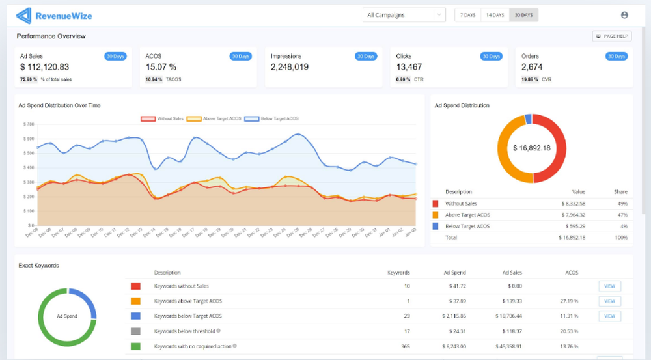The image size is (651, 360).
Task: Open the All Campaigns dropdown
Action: point(404,15)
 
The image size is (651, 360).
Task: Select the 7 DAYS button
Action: point(467,15)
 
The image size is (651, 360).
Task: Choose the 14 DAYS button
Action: point(495,15)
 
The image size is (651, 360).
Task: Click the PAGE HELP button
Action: point(612,36)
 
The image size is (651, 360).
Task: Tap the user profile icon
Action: point(625,15)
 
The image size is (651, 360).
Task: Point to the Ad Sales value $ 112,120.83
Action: point(45,67)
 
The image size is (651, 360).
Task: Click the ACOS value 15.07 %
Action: point(161,67)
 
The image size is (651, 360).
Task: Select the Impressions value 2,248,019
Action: point(290,67)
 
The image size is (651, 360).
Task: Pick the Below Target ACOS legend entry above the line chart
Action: point(271,119)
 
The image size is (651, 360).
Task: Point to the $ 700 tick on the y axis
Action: point(28,124)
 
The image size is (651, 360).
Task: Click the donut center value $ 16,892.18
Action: point(532,148)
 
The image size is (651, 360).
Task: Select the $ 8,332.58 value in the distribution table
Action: point(573,204)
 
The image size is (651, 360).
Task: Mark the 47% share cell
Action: point(621,215)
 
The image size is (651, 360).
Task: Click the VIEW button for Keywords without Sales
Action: point(609,286)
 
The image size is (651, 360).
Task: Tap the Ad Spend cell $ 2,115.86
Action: point(452,316)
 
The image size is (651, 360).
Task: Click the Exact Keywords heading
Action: point(39,266)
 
